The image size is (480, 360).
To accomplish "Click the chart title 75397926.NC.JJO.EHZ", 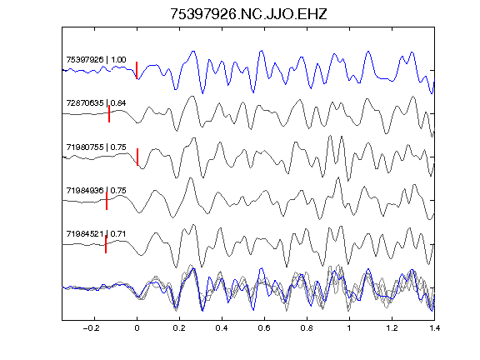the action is pos(248,14).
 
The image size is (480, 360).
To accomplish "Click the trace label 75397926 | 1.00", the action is pos(96,59).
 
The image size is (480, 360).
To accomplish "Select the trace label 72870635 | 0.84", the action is pos(96,102).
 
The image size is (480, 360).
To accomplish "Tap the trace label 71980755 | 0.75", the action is pos(96,147).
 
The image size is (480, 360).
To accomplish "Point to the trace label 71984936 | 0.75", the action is pos(96,190).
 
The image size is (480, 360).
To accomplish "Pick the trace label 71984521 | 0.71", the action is pos(96,234).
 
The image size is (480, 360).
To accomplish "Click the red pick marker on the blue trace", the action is pos(137,70).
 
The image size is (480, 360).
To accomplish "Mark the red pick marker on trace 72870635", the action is pos(109,114).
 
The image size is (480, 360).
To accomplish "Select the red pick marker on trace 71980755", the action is pos(137,157).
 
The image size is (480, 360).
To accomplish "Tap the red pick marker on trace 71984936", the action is pos(107,201).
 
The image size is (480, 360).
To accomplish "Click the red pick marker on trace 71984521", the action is pos(106,244).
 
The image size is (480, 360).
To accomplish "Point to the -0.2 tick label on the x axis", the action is pos(92,328).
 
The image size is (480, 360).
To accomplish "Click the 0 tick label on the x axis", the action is pos(137,328).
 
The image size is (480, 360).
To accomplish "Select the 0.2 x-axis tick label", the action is pos(179,328).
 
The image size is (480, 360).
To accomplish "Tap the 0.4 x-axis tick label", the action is pos(222,328).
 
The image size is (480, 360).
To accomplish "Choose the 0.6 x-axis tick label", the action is pos(264,328).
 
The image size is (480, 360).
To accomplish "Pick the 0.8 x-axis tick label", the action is pos(307,328).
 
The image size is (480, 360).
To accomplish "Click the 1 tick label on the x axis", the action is pos(349,328).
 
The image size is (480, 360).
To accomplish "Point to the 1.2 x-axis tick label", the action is pos(392,328).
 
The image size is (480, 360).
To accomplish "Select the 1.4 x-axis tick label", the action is pos(434,328).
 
